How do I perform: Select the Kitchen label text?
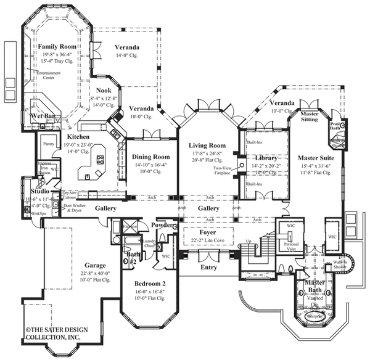coord(79,136)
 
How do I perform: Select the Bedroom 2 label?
coord(149,283)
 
